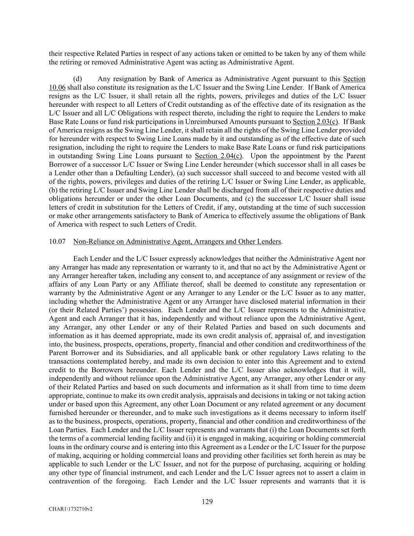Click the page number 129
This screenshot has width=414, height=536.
[207, 501]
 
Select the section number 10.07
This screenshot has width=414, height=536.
[57, 241]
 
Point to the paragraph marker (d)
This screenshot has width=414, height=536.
[77, 79]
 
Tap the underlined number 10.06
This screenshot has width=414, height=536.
[57, 88]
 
